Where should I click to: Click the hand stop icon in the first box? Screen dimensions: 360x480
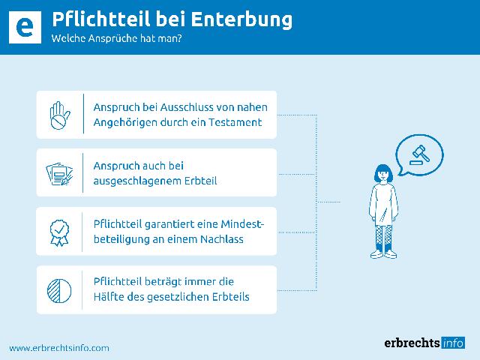pos(60,115)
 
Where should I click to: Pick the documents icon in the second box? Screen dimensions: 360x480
pos(60,173)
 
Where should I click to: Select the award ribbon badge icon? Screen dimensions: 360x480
pos(60,232)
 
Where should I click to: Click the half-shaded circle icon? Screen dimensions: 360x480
pos(60,289)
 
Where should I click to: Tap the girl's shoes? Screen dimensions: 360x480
pos(384,254)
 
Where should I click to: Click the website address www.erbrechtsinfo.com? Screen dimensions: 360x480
pos(59,347)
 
